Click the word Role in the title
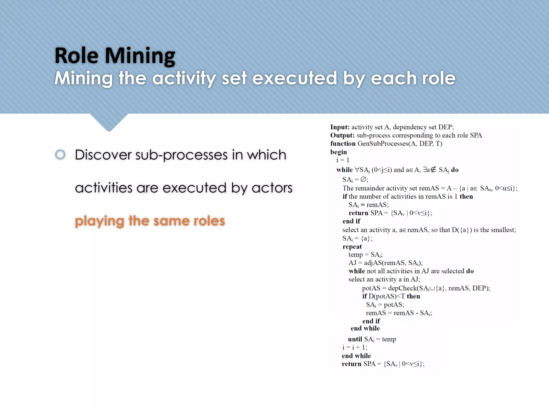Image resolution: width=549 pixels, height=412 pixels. (76, 56)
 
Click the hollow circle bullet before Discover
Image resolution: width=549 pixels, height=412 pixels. (60, 154)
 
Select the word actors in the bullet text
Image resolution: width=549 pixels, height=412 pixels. (272, 188)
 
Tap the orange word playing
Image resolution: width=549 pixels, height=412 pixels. (99, 221)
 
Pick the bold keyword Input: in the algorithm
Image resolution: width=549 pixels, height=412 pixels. (340, 127)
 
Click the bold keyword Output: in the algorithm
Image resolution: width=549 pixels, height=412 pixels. (342, 135)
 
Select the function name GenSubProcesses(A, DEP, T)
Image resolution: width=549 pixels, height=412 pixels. (400, 144)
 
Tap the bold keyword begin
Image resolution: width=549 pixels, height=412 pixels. (338, 152)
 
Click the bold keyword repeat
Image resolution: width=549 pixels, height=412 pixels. (352, 247)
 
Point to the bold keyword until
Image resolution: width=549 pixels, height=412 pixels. (355, 339)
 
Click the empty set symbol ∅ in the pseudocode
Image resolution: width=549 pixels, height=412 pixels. (363, 179)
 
